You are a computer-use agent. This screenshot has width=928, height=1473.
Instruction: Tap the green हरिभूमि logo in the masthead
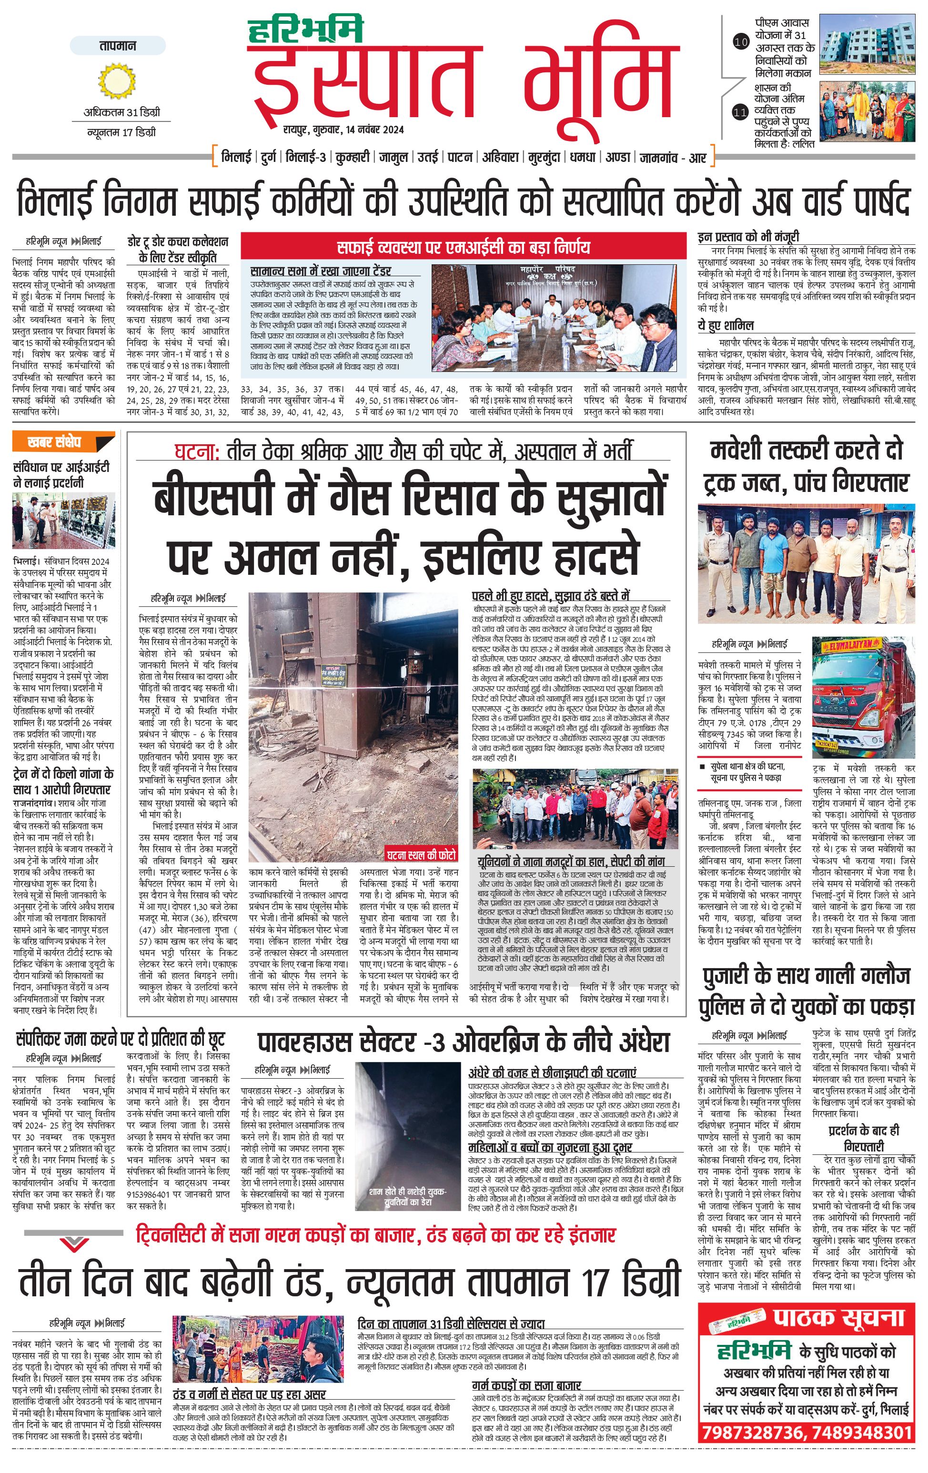tap(306, 30)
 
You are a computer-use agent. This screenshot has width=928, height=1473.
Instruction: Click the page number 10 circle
tap(741, 42)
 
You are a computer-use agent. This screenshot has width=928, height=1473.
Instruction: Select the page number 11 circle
tap(741, 112)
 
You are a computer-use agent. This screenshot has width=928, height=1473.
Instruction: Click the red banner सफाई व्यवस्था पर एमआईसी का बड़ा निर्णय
tap(463, 247)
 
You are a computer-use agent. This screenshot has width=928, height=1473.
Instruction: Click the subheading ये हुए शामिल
tap(726, 325)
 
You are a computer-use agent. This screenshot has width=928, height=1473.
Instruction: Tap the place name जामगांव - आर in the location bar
tap(672, 158)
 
